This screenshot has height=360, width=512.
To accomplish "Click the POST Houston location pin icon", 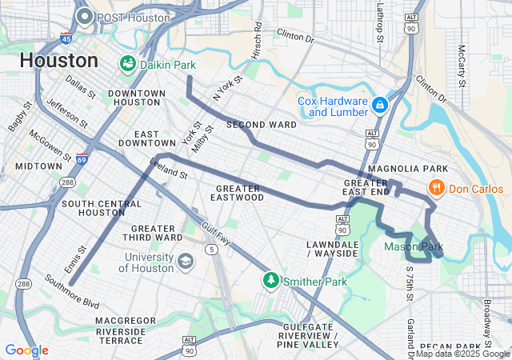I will [x=85, y=17].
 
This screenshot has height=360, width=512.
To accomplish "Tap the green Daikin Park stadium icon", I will [x=127, y=62].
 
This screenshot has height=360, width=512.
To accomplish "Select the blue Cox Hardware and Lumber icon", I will [x=379, y=104].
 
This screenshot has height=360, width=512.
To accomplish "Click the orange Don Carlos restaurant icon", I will [x=436, y=188].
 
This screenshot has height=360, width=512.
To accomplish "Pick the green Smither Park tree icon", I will [x=271, y=281].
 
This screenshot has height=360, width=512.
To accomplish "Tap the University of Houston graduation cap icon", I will [x=186, y=262].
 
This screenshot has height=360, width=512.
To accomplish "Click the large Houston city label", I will [x=58, y=60].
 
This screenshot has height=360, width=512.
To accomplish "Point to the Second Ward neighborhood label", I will [x=261, y=125].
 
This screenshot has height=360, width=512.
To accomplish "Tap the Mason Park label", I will [x=413, y=247].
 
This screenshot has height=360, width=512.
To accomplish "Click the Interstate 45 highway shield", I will [x=66, y=38].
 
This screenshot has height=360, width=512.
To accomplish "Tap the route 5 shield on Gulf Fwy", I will [x=211, y=250].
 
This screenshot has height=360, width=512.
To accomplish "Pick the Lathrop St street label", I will [x=380, y=21].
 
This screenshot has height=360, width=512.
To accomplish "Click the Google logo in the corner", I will [x=26, y=350].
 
